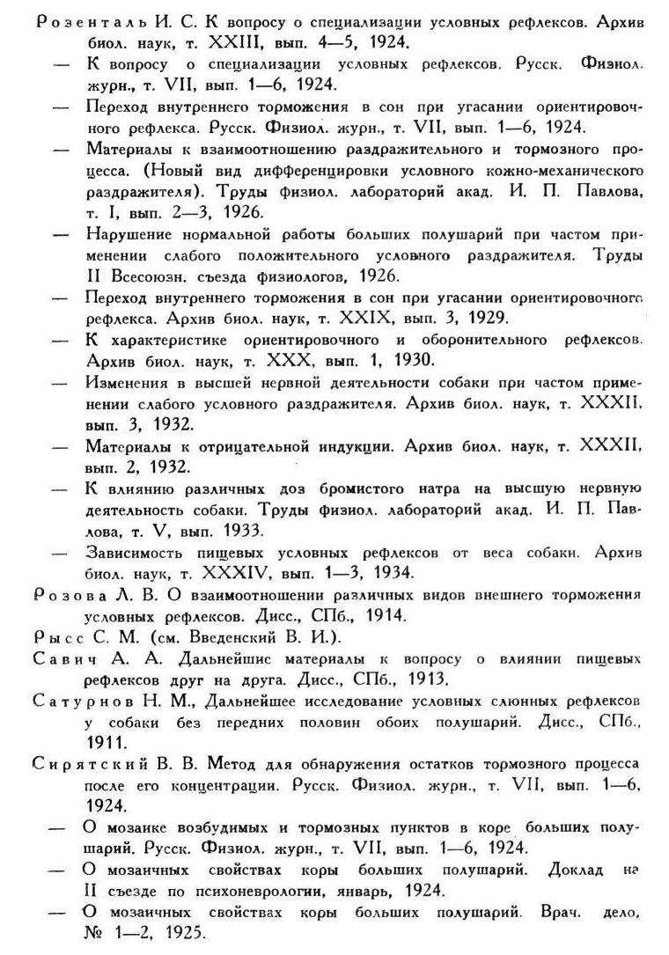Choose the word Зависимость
pyautogui.click(x=138, y=553)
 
